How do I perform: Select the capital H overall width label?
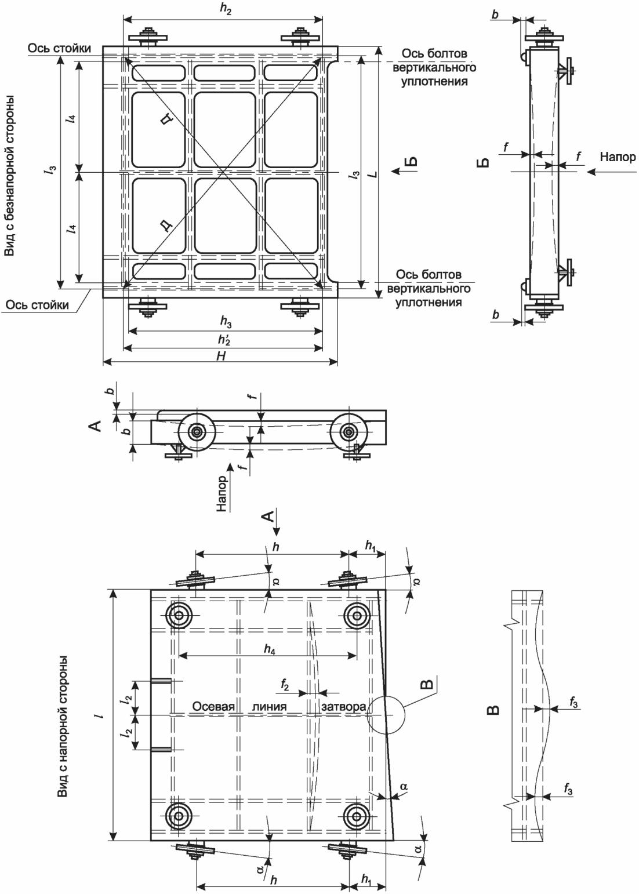[x=221, y=356]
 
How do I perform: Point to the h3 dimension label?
[x=226, y=322]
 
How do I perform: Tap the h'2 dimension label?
[x=224, y=340]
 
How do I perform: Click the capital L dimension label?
[x=373, y=175]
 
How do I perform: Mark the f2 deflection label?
[x=285, y=685]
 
